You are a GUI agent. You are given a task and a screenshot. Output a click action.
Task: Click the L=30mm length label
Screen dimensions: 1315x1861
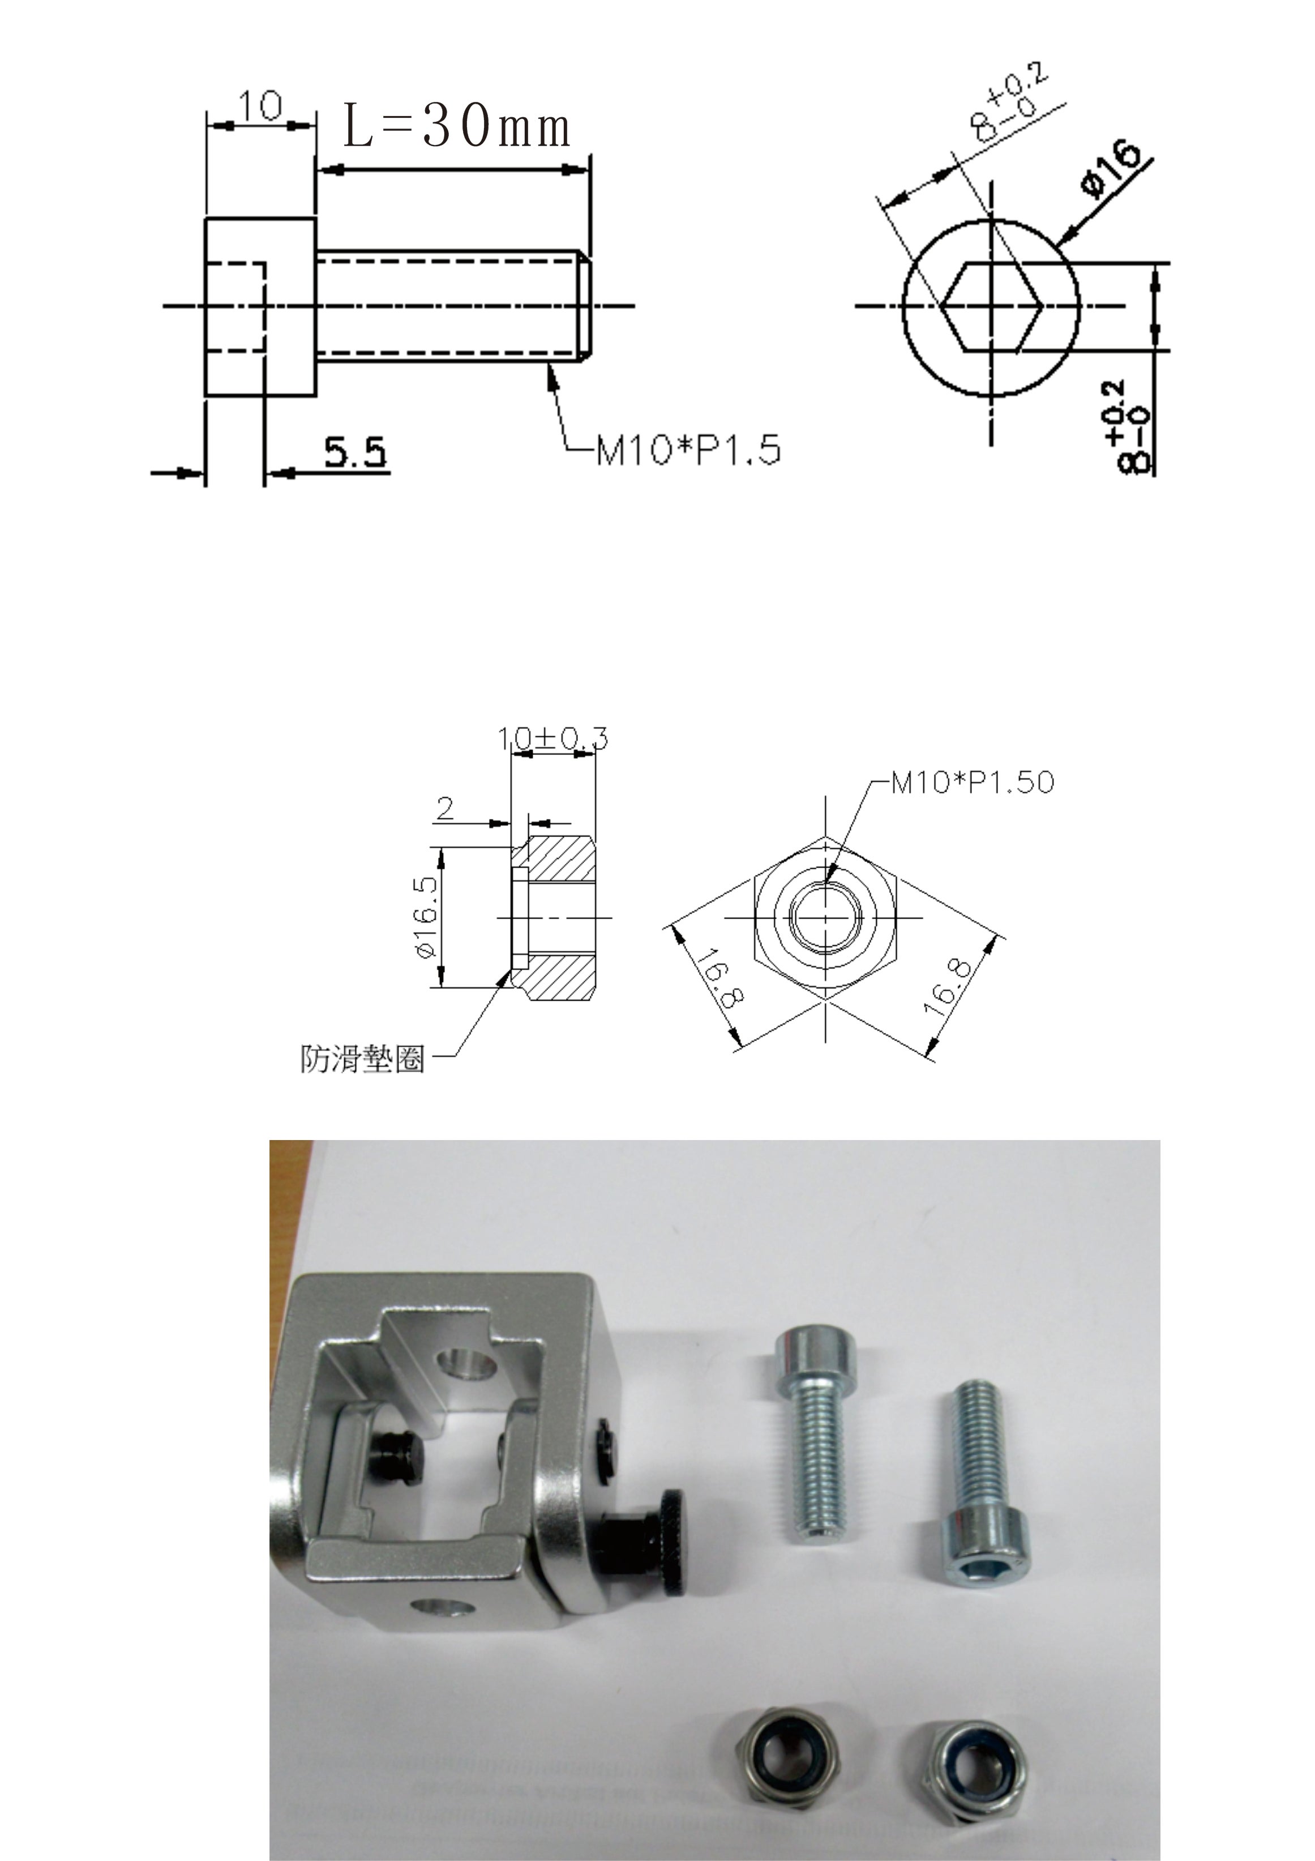click(457, 126)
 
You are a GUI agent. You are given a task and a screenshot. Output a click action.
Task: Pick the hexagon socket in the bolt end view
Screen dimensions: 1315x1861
click(992, 306)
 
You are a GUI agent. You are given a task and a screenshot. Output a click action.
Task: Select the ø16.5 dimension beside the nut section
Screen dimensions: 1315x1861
click(426, 916)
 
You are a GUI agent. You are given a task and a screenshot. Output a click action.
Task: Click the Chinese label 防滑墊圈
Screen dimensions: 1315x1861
click(363, 1058)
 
